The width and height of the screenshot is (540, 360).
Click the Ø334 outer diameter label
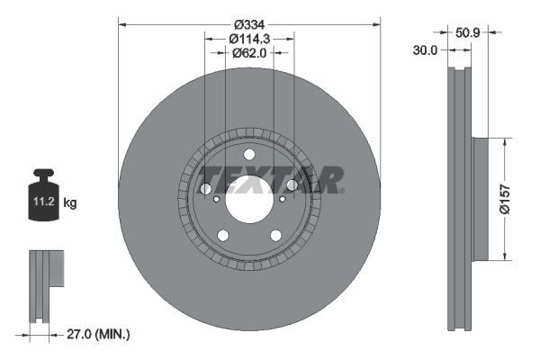coord(249,23)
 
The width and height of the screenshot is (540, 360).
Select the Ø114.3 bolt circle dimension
coord(249,39)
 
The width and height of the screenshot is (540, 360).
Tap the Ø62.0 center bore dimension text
coord(249,53)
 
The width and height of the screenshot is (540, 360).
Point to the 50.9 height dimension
coord(467,31)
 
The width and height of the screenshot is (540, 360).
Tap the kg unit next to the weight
coord(70,204)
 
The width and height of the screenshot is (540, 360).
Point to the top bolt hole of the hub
coord(249,155)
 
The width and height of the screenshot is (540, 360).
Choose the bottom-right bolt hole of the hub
coord(274,234)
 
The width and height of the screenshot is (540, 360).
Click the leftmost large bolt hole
coord(206,189)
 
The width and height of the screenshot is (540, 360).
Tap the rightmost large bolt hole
coord(292,185)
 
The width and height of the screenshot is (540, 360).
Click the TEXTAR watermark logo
coord(269,179)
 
